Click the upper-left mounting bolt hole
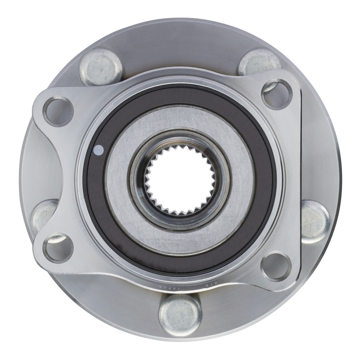point(58,111)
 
